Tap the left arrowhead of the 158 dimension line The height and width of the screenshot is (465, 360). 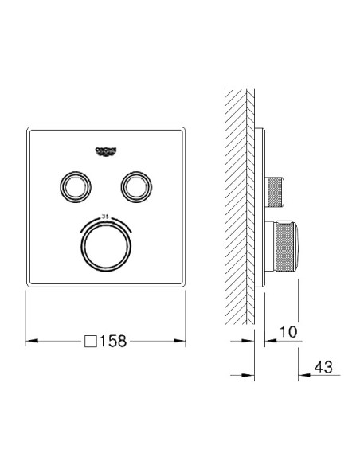pos(31,341)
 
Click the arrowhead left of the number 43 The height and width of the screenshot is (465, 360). pos(302,375)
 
